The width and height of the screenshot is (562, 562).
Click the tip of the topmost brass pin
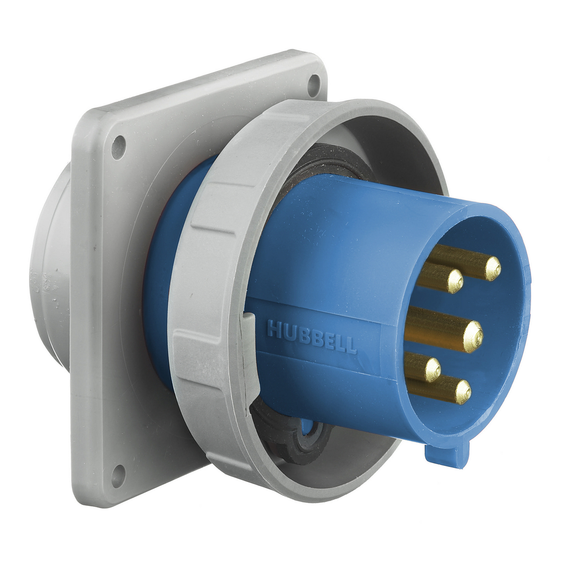(x=493, y=268)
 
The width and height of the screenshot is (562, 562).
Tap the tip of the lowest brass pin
(x=463, y=392)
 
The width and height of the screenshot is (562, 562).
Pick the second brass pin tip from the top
(x=455, y=281)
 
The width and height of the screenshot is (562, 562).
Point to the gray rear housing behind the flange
(x=52, y=281)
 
